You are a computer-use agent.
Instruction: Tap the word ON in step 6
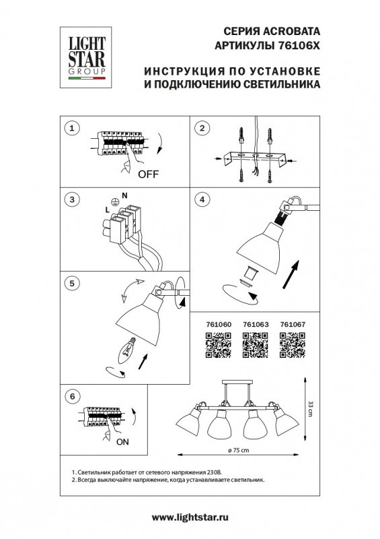tap(123, 443)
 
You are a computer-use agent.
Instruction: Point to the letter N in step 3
tap(124, 195)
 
